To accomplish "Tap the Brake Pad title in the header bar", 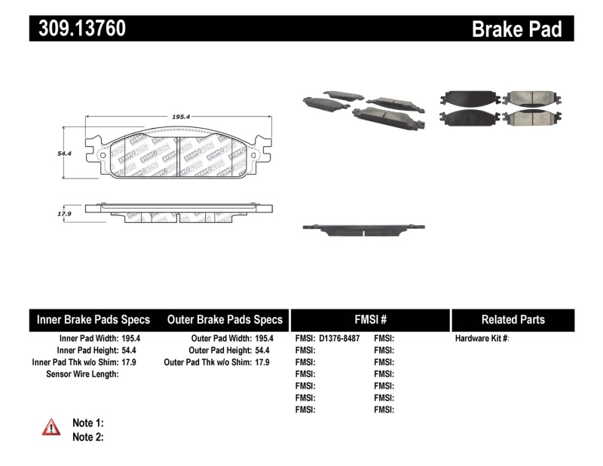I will (x=516, y=29).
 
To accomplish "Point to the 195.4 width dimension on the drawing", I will (x=180, y=117).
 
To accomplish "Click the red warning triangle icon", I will (x=51, y=428).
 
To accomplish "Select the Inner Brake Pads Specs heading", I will (x=93, y=319).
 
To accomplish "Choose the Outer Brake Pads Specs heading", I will (x=225, y=319).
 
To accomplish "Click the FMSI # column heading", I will (x=369, y=319).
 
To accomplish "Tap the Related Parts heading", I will (x=513, y=319).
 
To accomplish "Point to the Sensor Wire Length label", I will (x=82, y=374).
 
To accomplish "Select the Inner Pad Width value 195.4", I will (x=131, y=339).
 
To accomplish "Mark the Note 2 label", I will (x=87, y=437).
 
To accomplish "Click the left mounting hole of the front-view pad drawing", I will (x=102, y=156).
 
